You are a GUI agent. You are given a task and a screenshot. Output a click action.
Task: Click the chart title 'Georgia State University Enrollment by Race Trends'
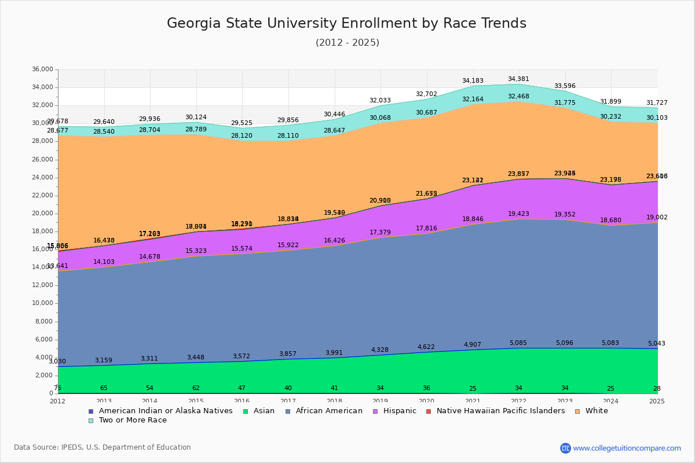[346, 23]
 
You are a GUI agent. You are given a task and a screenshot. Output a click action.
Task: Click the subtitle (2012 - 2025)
[347, 43]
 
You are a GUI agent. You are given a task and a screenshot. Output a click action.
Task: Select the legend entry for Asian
[258, 411]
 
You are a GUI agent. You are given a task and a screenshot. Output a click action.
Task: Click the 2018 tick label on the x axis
[334, 401]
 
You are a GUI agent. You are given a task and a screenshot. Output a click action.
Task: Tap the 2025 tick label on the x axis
[657, 401]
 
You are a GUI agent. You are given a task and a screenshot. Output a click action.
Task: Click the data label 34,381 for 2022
[518, 79]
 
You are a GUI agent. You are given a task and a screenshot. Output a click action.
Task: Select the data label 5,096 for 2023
[565, 343]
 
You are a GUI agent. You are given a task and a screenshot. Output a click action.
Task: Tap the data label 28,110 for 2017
[288, 136]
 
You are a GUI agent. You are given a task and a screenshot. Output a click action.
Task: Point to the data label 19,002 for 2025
[656, 218]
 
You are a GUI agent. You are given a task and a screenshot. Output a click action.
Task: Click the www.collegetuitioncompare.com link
[627, 448]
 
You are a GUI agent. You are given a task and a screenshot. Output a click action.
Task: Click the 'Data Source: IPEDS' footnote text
[103, 447]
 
